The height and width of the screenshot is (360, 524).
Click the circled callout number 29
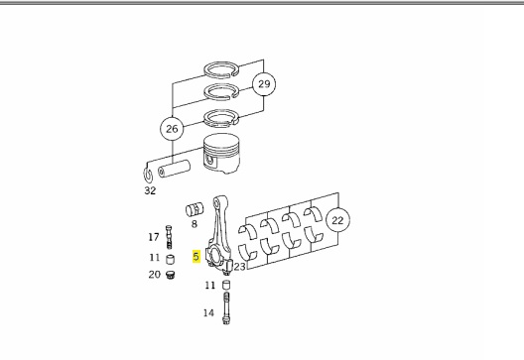264,84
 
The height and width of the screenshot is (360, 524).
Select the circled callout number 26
172,129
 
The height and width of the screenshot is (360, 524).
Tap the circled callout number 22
337,220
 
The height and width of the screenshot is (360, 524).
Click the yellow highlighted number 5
196,256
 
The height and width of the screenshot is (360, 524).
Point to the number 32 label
150,190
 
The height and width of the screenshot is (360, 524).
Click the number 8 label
195,224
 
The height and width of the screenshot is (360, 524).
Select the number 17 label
154,237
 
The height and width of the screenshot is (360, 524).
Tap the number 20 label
155,275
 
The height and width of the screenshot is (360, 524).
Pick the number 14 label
208,313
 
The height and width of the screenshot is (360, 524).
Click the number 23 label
239,267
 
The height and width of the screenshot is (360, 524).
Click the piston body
221,154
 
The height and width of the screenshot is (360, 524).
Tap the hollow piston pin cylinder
174,169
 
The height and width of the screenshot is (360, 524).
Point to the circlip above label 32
148,175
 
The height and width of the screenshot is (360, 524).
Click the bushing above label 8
195,209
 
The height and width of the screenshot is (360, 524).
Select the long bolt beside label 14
226,307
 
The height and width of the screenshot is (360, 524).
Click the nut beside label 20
170,275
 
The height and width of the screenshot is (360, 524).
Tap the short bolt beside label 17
169,237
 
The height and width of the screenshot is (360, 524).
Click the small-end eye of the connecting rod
219,202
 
